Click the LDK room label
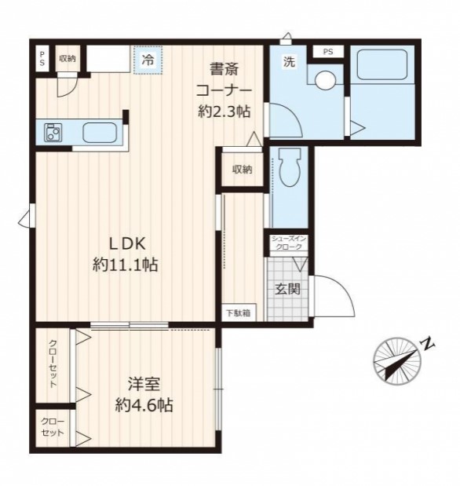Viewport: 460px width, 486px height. click(127, 243)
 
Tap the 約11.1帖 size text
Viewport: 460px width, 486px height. click(126, 265)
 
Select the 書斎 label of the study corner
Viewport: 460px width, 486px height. click(224, 69)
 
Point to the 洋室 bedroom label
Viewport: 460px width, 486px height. click(144, 385)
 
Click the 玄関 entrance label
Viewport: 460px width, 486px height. click(288, 289)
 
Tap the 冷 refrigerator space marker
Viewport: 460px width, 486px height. click(148, 60)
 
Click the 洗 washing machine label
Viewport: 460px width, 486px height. click(289, 62)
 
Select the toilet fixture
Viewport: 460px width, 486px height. click(290, 167)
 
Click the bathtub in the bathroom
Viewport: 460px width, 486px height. click(382, 64)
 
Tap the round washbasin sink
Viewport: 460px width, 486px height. click(325, 80)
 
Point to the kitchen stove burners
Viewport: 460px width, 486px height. click(53, 133)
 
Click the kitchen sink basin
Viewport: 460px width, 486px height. click(100, 133)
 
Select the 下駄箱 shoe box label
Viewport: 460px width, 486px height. click(238, 313)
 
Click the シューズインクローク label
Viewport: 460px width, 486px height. click(288, 243)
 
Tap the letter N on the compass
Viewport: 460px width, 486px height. click(427, 344)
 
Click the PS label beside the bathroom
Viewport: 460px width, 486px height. click(328, 52)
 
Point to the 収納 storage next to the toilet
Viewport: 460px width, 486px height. click(243, 170)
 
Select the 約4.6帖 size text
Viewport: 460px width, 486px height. click(144, 405)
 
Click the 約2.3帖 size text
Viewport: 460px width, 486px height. click(225, 111)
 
